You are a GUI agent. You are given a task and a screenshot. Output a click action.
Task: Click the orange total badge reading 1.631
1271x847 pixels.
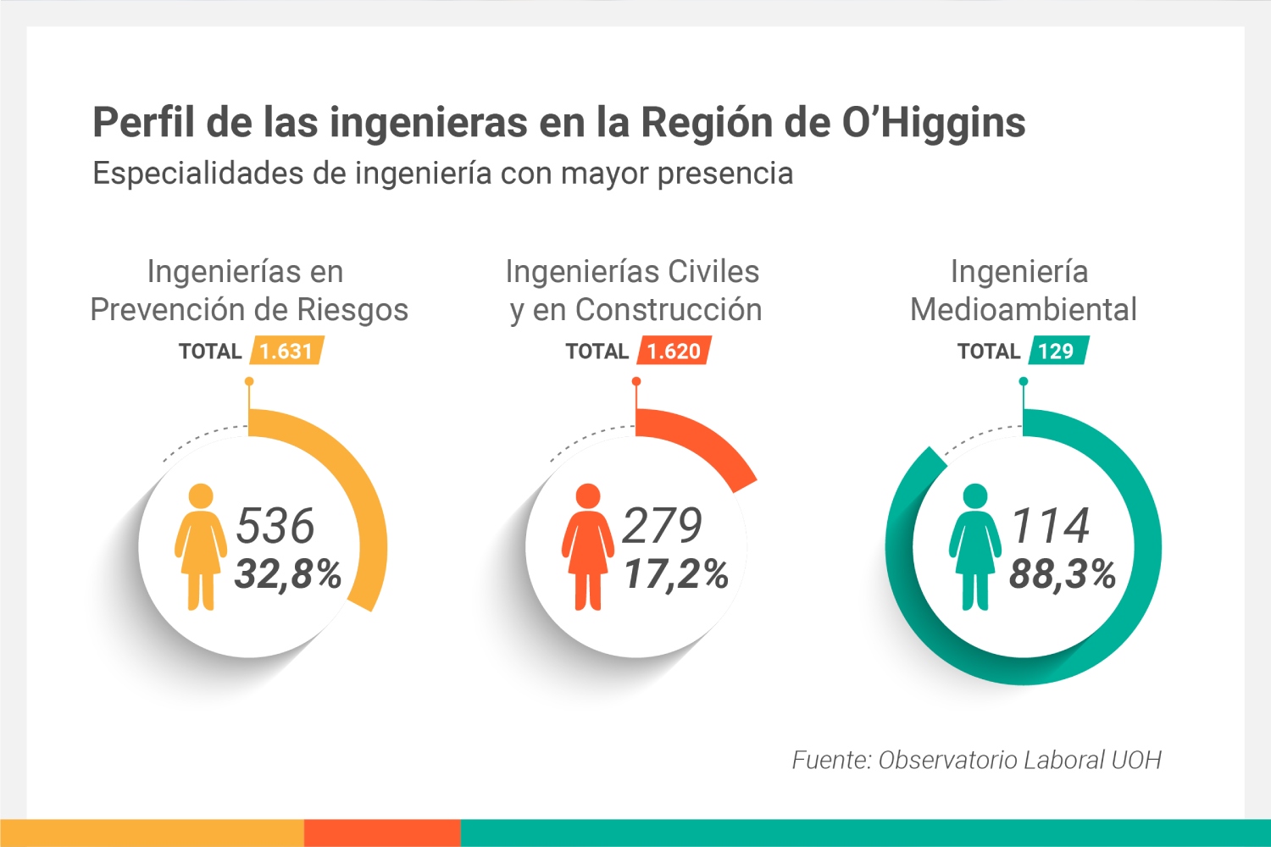pos(286,351)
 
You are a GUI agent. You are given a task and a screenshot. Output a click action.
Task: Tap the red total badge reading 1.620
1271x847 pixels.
pos(674,351)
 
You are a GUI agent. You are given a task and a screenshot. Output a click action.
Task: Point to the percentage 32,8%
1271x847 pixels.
pos(288,573)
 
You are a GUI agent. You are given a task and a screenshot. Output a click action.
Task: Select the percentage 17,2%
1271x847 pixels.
pos(675,573)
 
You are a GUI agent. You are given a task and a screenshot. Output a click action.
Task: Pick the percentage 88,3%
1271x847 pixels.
pos(1063,573)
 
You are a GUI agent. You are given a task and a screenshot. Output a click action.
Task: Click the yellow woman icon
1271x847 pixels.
pos(201,546)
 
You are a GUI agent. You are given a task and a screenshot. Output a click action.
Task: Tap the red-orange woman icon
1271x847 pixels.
pos(587,546)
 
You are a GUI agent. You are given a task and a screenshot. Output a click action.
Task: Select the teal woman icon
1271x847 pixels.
pos(975,546)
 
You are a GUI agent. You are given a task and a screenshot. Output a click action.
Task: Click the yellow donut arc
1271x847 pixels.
pos(356,491)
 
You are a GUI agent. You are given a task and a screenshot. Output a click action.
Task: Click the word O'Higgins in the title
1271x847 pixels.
pos(933,123)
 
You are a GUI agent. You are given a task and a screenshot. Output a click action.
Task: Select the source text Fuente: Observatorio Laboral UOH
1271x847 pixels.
pos(976,760)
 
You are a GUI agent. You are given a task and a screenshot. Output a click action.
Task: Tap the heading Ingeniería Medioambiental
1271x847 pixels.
pos(1023,291)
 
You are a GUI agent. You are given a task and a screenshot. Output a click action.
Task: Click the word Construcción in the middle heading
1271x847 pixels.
pos(669,310)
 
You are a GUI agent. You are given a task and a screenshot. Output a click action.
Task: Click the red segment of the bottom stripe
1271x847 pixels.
pos(382,833)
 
